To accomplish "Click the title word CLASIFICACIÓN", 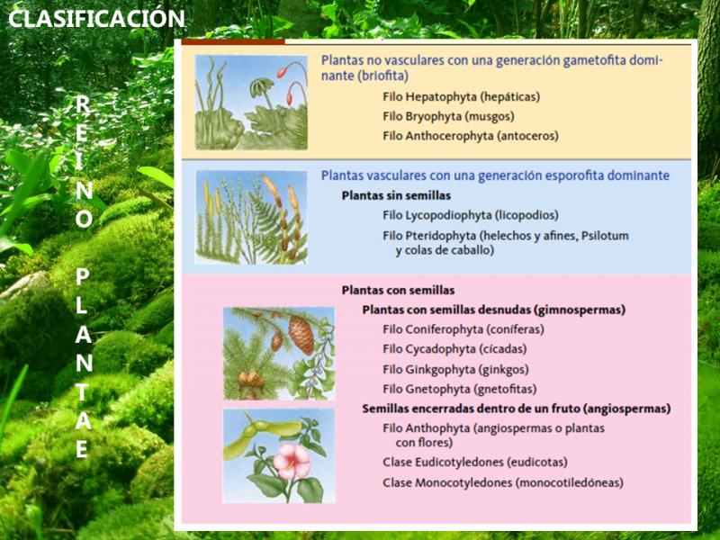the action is point(96,18).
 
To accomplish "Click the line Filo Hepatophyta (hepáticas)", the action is point(461,97).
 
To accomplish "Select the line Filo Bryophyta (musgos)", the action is point(448,117).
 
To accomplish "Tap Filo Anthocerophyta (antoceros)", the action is point(470,136).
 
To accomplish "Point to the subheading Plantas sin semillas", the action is point(396,195).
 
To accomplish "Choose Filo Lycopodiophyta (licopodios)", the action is point(470,215).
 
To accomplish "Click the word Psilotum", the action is point(605,236).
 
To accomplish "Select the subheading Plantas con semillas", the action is point(398,290).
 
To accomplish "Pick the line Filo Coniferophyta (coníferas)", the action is point(463,329).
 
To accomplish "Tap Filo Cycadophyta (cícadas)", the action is point(454,349).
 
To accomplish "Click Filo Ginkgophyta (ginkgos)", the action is point(455,369).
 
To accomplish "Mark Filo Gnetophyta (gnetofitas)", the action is point(459,389).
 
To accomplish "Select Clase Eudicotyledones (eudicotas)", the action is point(475,463).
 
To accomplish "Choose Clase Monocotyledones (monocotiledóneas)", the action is point(503,482).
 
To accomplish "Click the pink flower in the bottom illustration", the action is point(292,460).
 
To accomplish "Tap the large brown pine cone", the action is point(301,334).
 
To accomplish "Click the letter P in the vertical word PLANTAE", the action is point(82,277).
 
